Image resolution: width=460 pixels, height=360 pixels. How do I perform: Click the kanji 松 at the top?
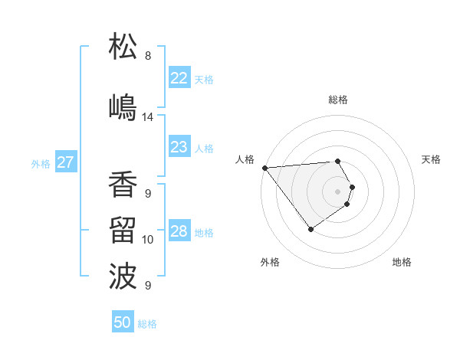click(123, 47)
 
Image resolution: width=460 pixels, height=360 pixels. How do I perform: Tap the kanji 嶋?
click(123, 106)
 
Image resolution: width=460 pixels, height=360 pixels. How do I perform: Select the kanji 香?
click(123, 185)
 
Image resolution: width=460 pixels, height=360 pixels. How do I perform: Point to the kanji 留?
click(123, 231)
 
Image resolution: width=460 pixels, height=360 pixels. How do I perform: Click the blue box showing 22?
click(179, 78)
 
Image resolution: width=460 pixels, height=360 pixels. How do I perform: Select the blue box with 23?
click(179, 147)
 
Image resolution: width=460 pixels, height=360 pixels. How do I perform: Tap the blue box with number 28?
click(179, 231)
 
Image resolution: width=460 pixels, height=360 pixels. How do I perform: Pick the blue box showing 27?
click(65, 162)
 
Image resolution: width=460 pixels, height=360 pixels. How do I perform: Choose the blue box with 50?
click(123, 322)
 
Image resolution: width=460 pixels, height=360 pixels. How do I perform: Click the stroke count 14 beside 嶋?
click(148, 117)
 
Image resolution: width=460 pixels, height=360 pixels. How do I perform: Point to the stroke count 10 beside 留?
click(148, 240)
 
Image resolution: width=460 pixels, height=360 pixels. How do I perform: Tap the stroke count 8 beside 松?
click(148, 56)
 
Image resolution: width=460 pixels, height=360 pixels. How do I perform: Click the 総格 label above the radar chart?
click(338, 100)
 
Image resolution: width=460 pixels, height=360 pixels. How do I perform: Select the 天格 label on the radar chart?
click(431, 159)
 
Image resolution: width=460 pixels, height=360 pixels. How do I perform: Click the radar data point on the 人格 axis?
click(264, 167)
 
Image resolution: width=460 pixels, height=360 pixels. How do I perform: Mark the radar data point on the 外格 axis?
click(310, 229)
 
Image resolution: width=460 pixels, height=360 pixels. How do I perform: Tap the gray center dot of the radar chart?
click(337, 191)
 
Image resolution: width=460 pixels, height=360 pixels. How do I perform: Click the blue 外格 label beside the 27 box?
click(41, 163)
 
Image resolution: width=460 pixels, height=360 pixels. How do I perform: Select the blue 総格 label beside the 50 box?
click(147, 324)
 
